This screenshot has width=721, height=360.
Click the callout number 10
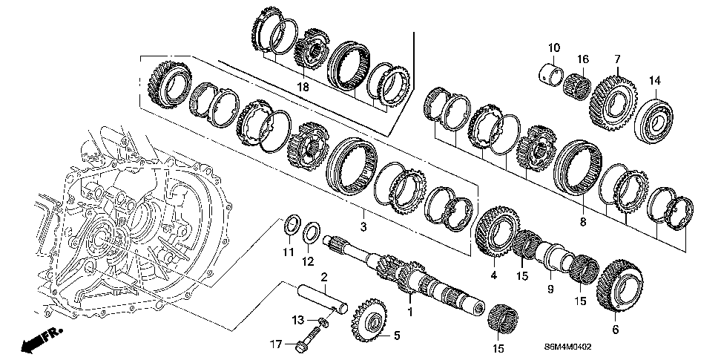553,49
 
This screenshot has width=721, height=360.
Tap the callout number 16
583,59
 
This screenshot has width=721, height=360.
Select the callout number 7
616,59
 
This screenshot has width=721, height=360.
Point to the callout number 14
654,80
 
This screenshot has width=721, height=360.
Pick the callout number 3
363,225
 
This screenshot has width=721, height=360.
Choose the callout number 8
582,222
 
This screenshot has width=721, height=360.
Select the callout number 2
324,277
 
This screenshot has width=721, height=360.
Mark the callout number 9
550,288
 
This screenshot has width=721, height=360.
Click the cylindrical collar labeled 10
552,72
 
